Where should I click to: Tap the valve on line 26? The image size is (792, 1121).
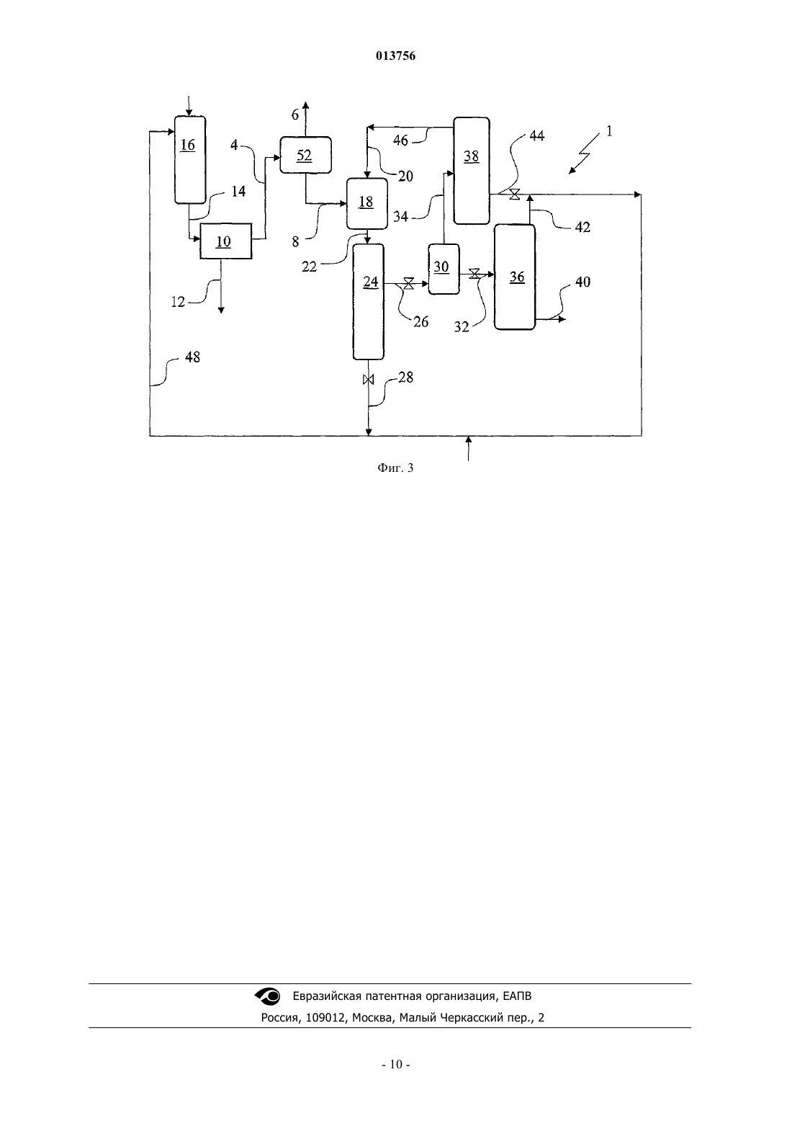point(408,284)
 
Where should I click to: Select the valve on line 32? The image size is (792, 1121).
point(474,274)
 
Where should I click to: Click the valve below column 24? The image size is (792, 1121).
point(368,380)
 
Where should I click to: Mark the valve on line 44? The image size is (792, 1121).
point(515,195)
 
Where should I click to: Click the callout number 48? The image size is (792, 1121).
point(192,357)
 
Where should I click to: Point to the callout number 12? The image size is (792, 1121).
point(178,302)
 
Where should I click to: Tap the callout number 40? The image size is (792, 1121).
point(583,282)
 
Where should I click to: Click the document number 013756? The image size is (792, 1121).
point(395,55)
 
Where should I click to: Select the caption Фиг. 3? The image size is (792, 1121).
point(395,468)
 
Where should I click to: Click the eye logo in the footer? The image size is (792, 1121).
point(268,996)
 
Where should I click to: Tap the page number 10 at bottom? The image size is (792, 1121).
point(396,1065)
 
